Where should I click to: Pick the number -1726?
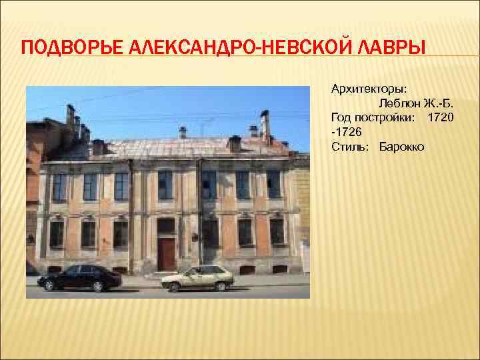click(346, 132)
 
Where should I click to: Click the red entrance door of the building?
click(166, 253)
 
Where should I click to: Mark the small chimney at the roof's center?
click(183, 132)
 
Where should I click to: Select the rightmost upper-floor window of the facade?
click(273, 184)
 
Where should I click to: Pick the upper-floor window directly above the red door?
click(165, 185)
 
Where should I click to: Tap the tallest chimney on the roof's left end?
click(71, 118)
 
